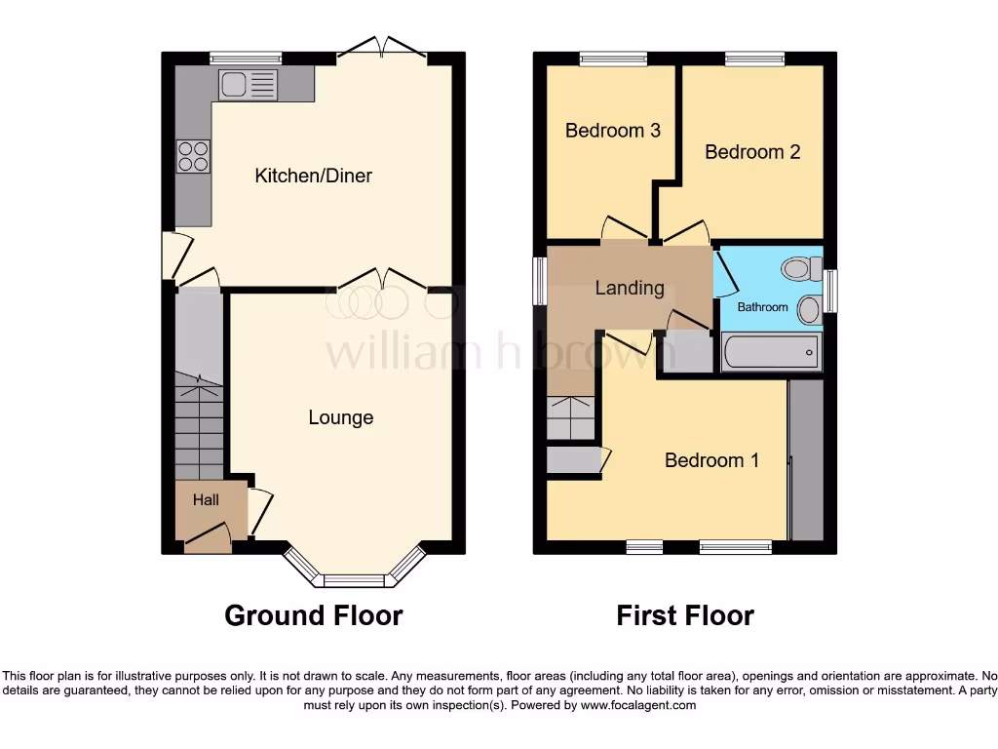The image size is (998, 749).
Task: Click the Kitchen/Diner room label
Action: (x=313, y=176)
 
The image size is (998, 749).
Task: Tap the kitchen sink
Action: (x=234, y=85)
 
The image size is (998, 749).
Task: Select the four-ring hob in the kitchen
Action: (x=192, y=156)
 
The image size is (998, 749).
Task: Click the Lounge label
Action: (x=340, y=417)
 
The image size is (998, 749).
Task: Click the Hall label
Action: (x=206, y=500)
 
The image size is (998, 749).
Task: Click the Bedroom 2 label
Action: (x=752, y=151)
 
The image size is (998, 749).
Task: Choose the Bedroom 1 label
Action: (x=711, y=459)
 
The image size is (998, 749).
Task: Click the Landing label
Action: (x=630, y=288)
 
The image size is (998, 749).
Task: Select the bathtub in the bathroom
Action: (x=771, y=352)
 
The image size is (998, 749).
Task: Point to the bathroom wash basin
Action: (x=809, y=310)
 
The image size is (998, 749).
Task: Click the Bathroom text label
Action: (x=762, y=307)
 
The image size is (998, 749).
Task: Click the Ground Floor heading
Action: (x=313, y=615)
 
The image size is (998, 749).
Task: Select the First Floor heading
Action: (x=685, y=615)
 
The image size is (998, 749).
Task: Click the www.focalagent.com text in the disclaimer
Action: (x=638, y=705)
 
